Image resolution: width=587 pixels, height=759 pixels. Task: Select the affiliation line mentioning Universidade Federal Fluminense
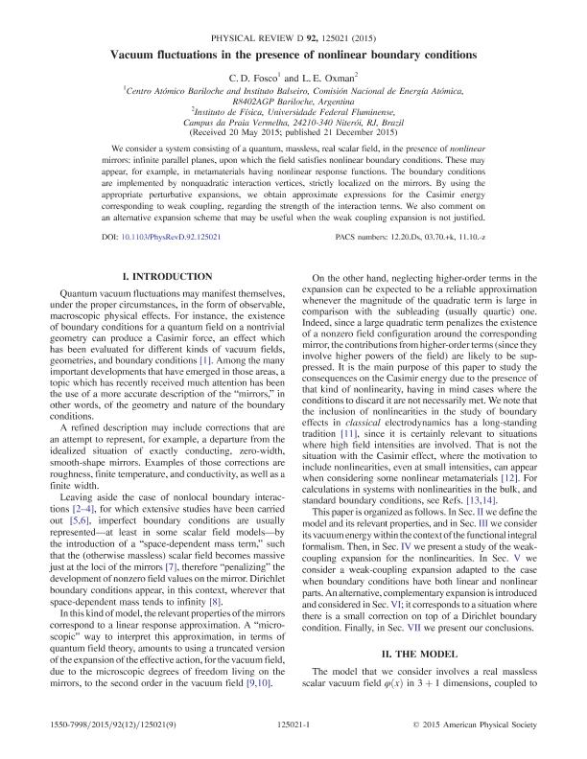coord(293,111)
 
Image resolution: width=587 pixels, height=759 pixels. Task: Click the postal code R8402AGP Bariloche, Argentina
coord(293,99)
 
